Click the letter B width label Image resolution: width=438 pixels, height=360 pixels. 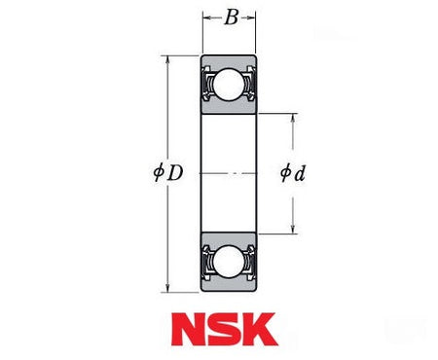229,17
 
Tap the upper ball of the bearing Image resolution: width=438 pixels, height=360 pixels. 229,89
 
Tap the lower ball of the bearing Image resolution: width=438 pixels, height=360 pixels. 229,260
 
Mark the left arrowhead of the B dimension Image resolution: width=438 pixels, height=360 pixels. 205,17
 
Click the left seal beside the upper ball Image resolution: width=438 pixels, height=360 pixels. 207,89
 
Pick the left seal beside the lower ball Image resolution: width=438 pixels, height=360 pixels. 207,260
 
